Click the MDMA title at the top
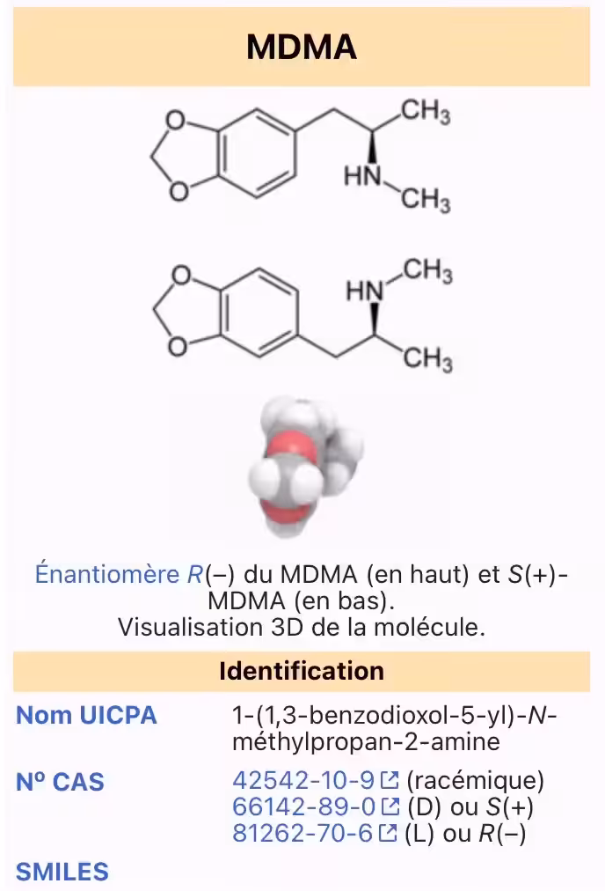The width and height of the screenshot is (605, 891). [x=302, y=47]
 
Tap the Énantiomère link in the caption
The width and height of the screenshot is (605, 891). [x=107, y=574]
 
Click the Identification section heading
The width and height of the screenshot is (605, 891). [x=302, y=671]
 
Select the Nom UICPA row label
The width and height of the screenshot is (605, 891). [x=86, y=716]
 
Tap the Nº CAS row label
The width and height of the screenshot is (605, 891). [x=60, y=782]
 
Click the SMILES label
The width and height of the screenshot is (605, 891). [x=62, y=872]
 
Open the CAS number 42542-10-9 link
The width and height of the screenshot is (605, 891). [x=303, y=780]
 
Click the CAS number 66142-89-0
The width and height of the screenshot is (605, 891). [x=304, y=806]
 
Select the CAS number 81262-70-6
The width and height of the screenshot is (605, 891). [x=302, y=834]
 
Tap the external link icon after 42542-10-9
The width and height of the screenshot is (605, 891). [x=390, y=780]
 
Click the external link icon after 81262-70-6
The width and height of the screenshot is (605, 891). [x=388, y=834]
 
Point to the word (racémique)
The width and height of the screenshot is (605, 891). [x=476, y=781]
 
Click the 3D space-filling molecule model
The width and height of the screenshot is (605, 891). [x=306, y=468]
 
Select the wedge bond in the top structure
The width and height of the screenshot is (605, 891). [x=372, y=147]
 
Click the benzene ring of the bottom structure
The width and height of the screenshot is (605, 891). [x=259, y=313]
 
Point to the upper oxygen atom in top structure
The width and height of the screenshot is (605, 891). [x=176, y=121]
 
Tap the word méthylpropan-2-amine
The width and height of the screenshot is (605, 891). [x=366, y=742]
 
